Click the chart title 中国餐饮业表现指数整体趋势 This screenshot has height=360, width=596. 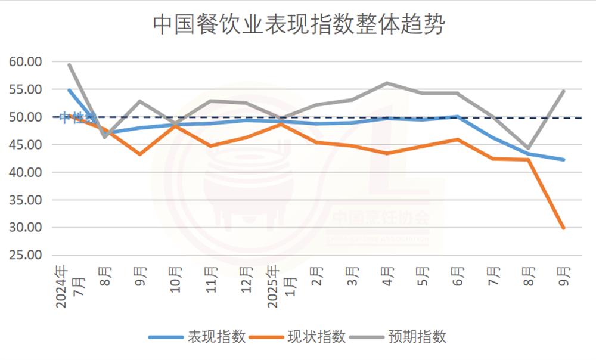pos(299,25)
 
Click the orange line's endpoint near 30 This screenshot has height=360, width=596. pos(563,228)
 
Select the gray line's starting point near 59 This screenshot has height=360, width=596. pos(70,64)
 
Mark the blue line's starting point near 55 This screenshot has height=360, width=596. pos(70,90)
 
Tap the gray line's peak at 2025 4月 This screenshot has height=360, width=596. pos(387,83)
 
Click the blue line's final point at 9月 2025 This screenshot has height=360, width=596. pos(563,160)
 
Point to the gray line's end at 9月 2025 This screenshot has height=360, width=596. pos(563,91)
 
